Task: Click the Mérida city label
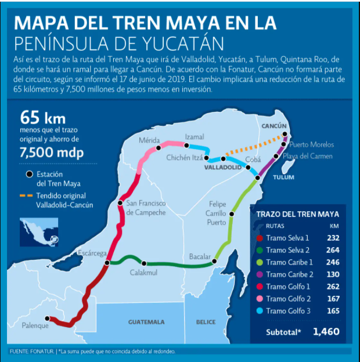pyautogui.click(x=149, y=140)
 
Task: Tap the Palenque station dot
pyautogui.click(x=49, y=318)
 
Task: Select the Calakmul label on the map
pyautogui.click(x=143, y=273)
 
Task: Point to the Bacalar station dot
pyautogui.click(x=214, y=261)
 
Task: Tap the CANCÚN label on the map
pyautogui.click(x=275, y=126)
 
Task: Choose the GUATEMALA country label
pyautogui.click(x=146, y=322)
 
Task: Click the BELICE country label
pyautogui.click(x=206, y=322)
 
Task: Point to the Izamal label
pyautogui.click(x=194, y=137)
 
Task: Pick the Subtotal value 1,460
pyautogui.click(x=326, y=332)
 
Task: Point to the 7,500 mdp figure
pyautogui.click(x=51, y=153)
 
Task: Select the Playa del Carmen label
pyautogui.click(x=308, y=156)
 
